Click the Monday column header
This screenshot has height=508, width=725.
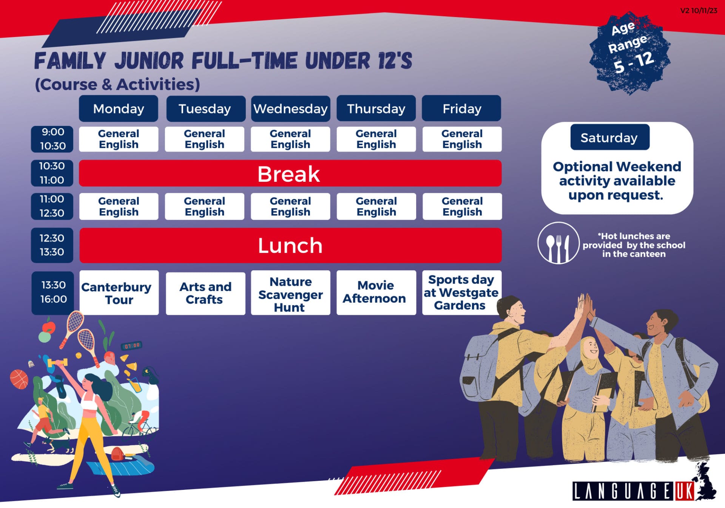tap(119, 109)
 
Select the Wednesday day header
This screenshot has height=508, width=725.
tap(290, 109)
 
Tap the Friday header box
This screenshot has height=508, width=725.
tap(461, 109)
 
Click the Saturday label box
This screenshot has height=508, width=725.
tap(610, 138)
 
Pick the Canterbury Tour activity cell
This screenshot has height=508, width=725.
tap(119, 293)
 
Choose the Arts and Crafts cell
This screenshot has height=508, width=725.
tap(205, 293)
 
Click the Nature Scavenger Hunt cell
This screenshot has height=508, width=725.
tap(290, 293)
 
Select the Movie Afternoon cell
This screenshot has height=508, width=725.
tap(376, 293)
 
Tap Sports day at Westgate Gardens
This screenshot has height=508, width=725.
tap(461, 293)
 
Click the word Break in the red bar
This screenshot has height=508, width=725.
tap(289, 174)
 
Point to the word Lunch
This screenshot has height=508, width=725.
tap(290, 246)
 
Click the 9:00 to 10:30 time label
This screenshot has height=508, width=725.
tap(52, 139)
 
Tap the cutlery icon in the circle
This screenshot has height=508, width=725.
tap(558, 243)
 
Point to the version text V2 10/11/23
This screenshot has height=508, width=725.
tap(699, 11)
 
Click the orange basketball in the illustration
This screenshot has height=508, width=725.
tap(19, 379)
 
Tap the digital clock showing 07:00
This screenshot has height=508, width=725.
tap(132, 346)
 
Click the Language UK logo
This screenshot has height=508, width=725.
tap(644, 486)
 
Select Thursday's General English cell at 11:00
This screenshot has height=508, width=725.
tap(376, 206)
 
